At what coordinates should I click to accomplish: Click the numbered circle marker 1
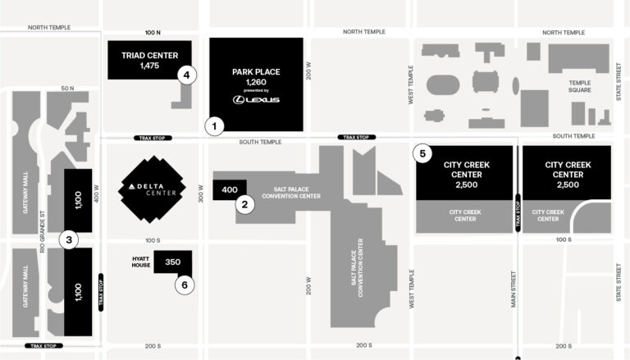pyautogui.click(x=214, y=126)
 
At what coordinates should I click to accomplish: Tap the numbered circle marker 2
pyautogui.click(x=244, y=205)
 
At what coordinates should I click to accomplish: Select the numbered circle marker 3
pyautogui.click(x=70, y=240)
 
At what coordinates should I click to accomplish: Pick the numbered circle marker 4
pyautogui.click(x=187, y=75)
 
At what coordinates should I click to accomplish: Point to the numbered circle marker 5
pyautogui.click(x=422, y=153)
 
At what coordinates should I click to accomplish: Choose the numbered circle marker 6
pyautogui.click(x=185, y=285)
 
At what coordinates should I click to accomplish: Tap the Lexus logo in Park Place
pyautogui.click(x=256, y=99)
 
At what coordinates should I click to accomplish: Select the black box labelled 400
pyautogui.click(x=229, y=189)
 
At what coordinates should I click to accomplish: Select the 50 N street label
pyautogui.click(x=67, y=88)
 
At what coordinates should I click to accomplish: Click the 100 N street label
pyautogui.click(x=153, y=33)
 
